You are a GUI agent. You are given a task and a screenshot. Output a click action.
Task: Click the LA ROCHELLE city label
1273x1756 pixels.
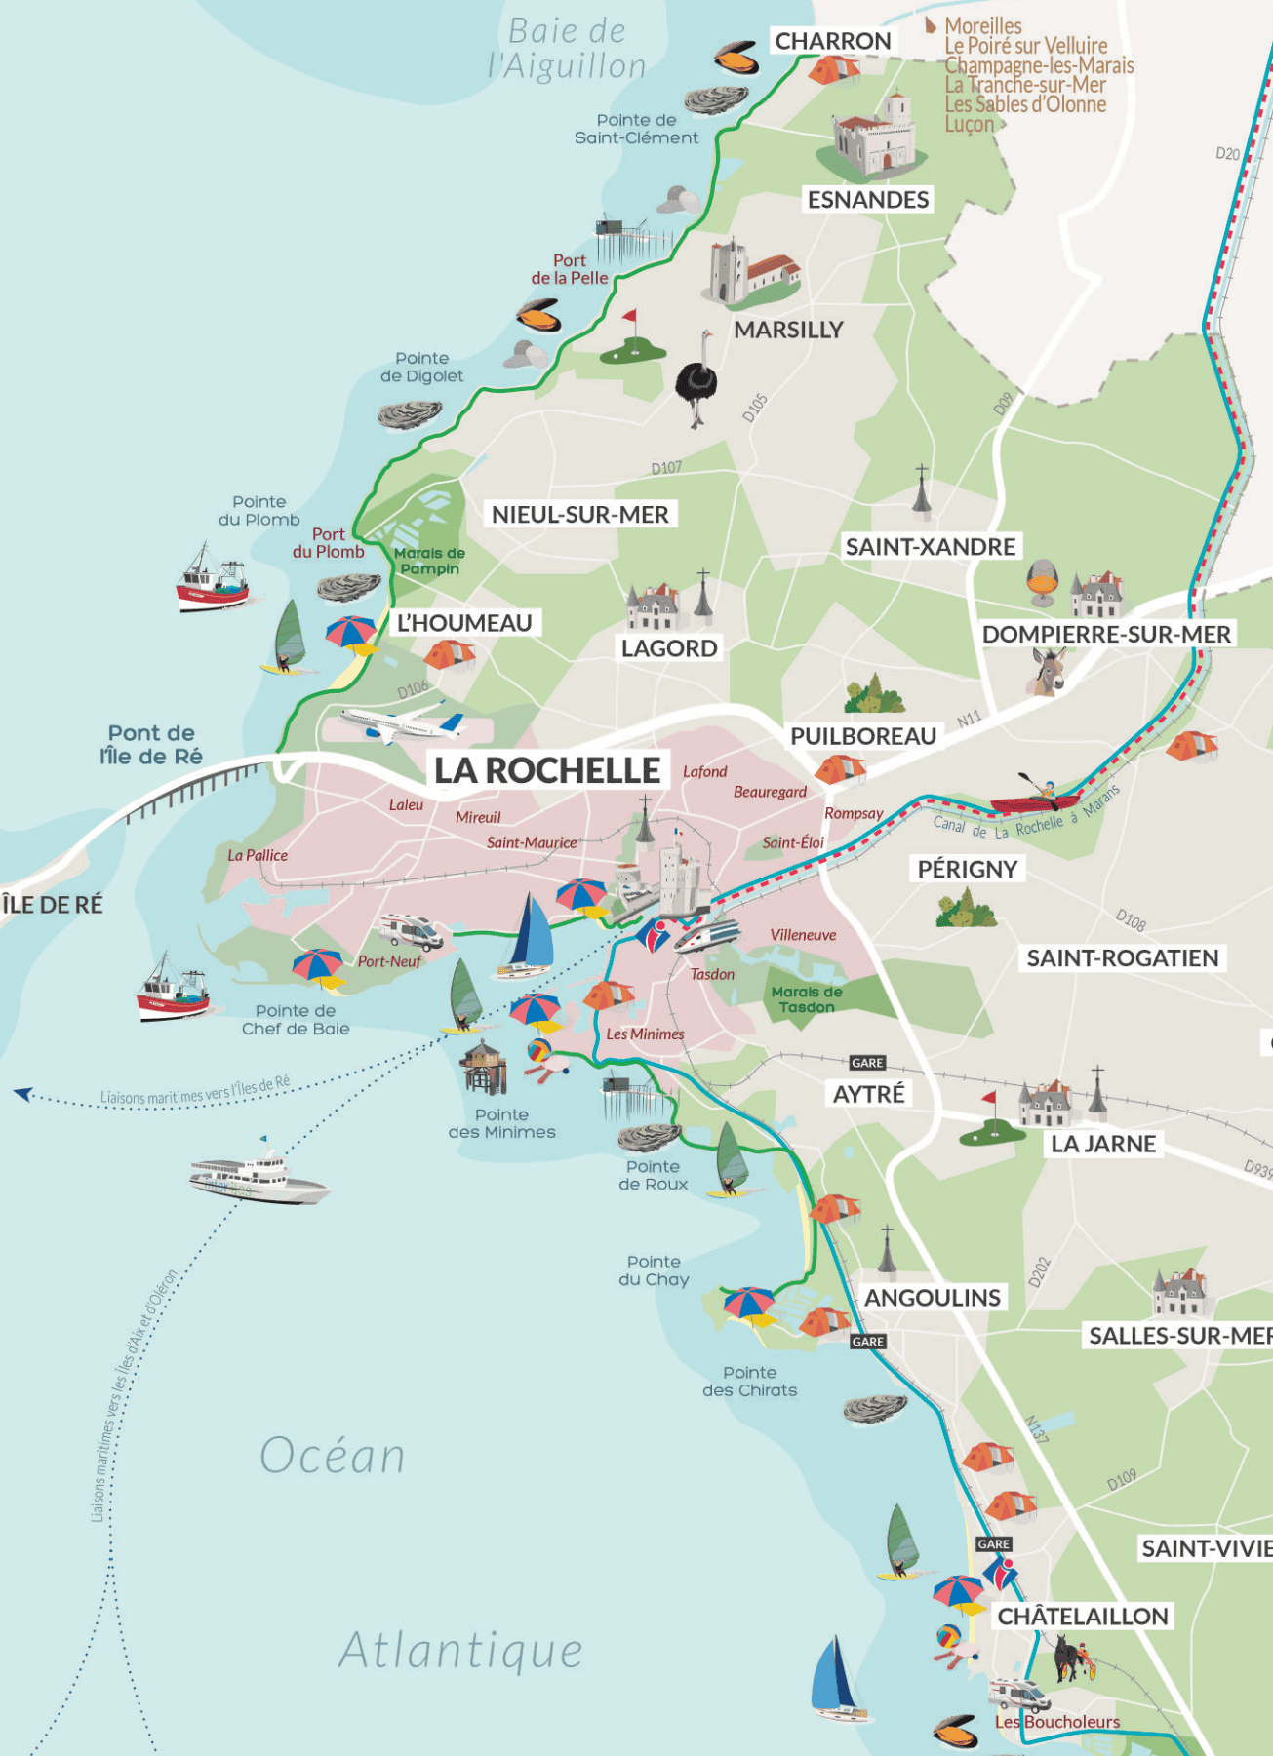click(x=547, y=770)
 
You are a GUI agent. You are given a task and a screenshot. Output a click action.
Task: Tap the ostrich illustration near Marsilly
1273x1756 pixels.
click(x=696, y=383)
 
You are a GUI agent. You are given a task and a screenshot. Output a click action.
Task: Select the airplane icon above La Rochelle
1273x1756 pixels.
click(x=402, y=723)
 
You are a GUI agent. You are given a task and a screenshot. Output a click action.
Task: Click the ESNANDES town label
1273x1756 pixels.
click(x=867, y=200)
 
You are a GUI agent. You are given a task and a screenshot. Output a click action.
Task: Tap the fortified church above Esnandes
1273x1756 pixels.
click(x=876, y=137)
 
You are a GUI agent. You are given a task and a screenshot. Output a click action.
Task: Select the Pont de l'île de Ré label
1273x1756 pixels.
click(x=151, y=745)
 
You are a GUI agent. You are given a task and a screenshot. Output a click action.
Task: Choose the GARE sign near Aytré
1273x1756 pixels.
click(x=867, y=1063)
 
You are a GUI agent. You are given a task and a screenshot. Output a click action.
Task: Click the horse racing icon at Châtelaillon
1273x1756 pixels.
click(x=1072, y=1658)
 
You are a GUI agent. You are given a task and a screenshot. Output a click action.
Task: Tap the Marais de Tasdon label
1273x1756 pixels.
click(x=806, y=999)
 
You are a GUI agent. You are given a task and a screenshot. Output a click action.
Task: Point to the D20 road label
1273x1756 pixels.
click(x=1227, y=154)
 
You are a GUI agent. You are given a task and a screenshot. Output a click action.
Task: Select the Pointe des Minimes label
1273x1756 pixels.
click(x=501, y=1123)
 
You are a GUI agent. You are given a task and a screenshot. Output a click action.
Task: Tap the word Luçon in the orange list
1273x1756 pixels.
click(x=969, y=124)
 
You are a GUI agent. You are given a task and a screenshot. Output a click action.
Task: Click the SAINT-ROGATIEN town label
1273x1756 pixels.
click(x=1122, y=957)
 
